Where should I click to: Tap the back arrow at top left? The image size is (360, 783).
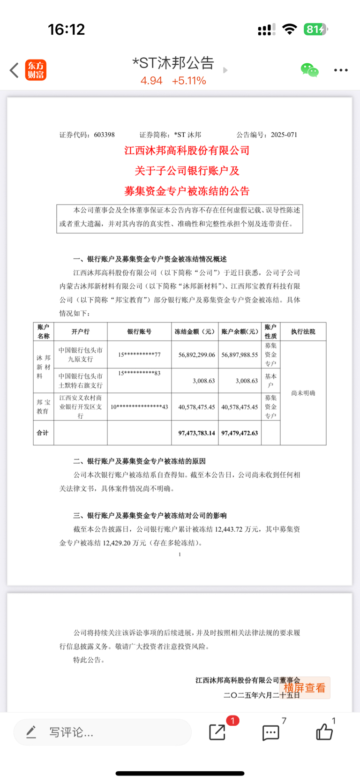coord(14,70)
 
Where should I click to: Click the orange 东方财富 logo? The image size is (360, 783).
coord(36,70)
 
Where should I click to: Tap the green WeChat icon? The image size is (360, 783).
coord(309,70)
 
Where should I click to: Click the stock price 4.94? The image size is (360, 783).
coord(151,81)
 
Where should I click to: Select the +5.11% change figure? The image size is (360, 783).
coord(189,81)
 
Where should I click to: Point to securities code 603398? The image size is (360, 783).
coord(104,135)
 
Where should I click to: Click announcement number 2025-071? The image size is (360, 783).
coord(284,135)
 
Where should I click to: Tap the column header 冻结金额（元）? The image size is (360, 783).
coord(195,331)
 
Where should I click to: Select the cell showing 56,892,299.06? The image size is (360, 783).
coord(196,355)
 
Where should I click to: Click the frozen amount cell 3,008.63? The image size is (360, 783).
coord(203,381)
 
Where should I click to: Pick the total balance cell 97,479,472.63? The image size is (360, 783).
coord(240,433)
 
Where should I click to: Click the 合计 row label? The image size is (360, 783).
coord(43,433)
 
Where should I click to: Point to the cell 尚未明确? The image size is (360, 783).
coord(303,393)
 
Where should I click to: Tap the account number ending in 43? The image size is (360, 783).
coord(139,407)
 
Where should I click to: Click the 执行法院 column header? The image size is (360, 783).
coord(303,331)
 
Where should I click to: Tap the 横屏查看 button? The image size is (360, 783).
coord(305,688)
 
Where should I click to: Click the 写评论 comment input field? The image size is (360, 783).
coord(102,732)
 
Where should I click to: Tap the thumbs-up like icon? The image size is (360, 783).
coord(324,731)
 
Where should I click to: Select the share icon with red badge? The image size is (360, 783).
coord(217,731)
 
